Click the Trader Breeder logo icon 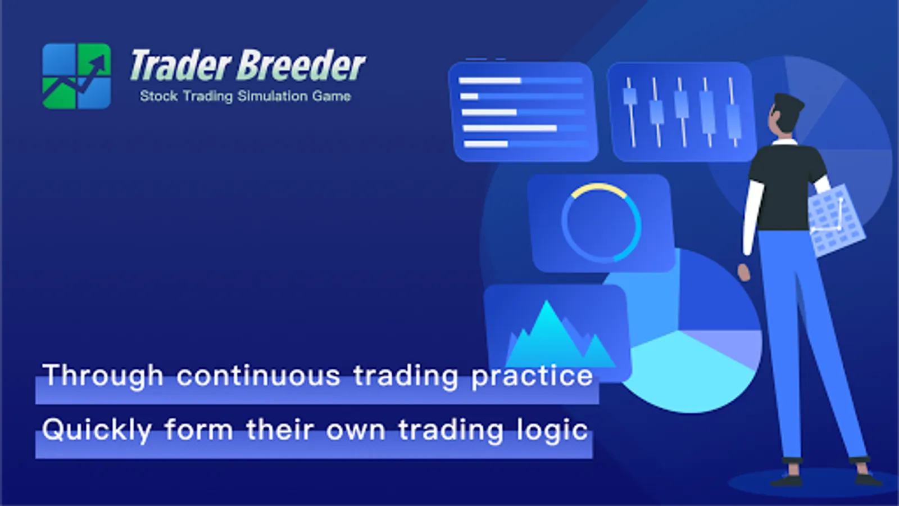(76, 76)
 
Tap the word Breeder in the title (301, 65)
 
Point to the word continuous (258, 376)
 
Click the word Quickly (97, 431)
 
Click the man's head (786, 117)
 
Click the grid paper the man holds (836, 220)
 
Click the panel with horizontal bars (523, 112)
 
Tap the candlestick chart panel (681, 112)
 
